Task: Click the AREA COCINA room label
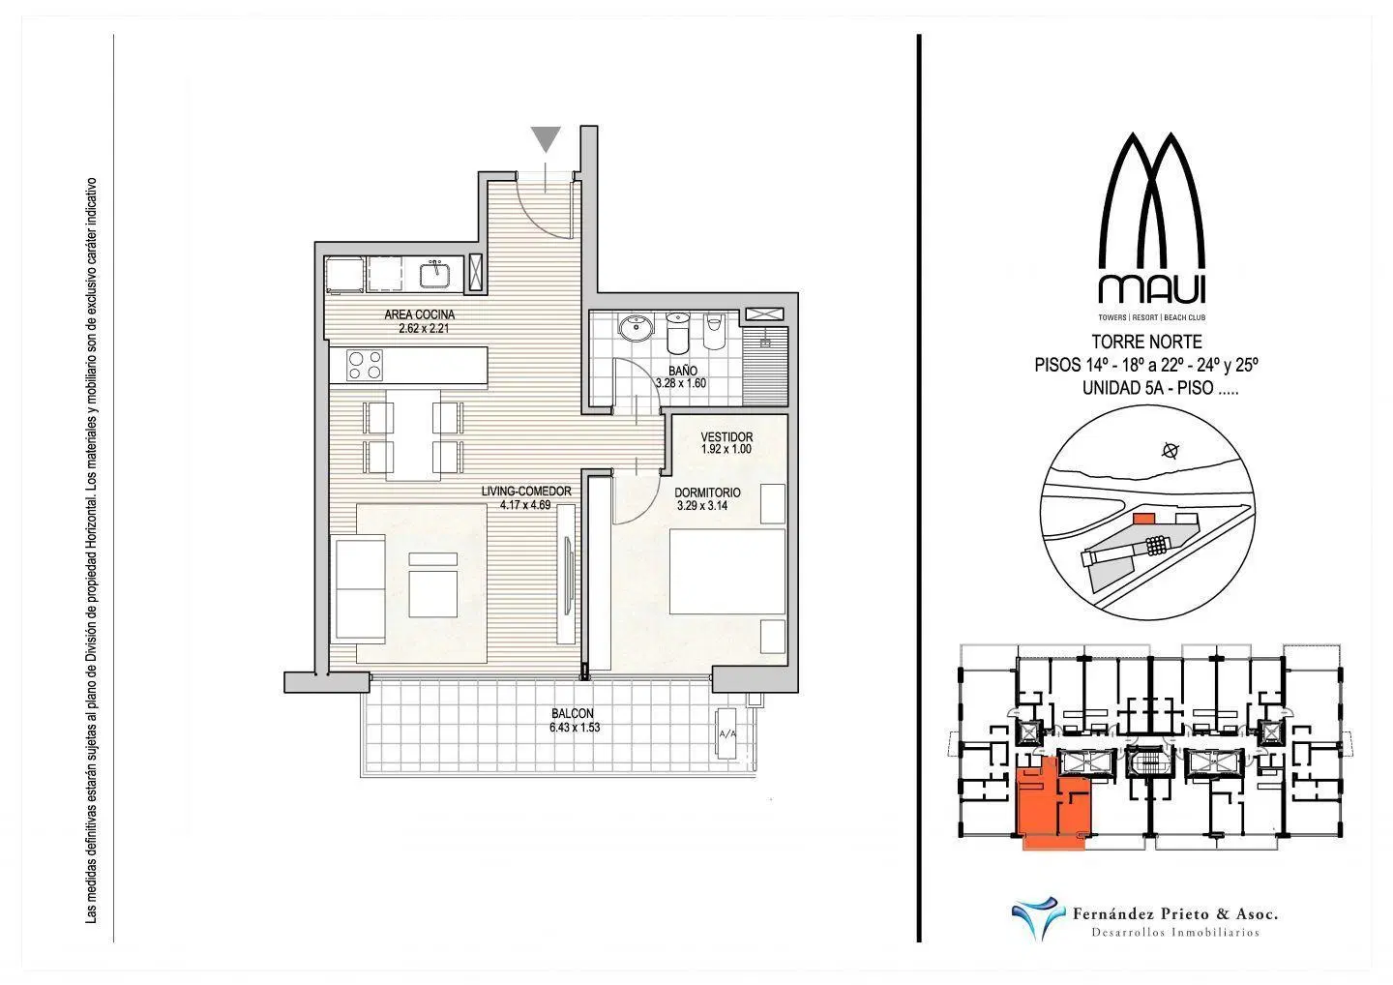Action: (419, 315)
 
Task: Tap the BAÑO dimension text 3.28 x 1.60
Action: (681, 384)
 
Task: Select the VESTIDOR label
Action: (726, 437)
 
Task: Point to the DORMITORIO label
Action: (708, 492)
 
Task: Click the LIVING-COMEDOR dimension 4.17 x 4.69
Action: (525, 505)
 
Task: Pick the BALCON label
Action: (572, 714)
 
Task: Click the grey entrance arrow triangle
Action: (546, 139)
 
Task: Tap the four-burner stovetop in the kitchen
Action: (365, 365)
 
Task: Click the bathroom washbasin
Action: (636, 327)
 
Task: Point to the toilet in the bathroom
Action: (714, 332)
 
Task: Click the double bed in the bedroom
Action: (727, 572)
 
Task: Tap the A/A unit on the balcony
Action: (727, 733)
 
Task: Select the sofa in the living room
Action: (360, 589)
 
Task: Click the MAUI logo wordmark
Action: (1152, 290)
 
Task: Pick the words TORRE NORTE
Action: (1147, 342)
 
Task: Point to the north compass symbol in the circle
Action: (1171, 450)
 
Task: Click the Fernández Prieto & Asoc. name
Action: (1175, 913)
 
